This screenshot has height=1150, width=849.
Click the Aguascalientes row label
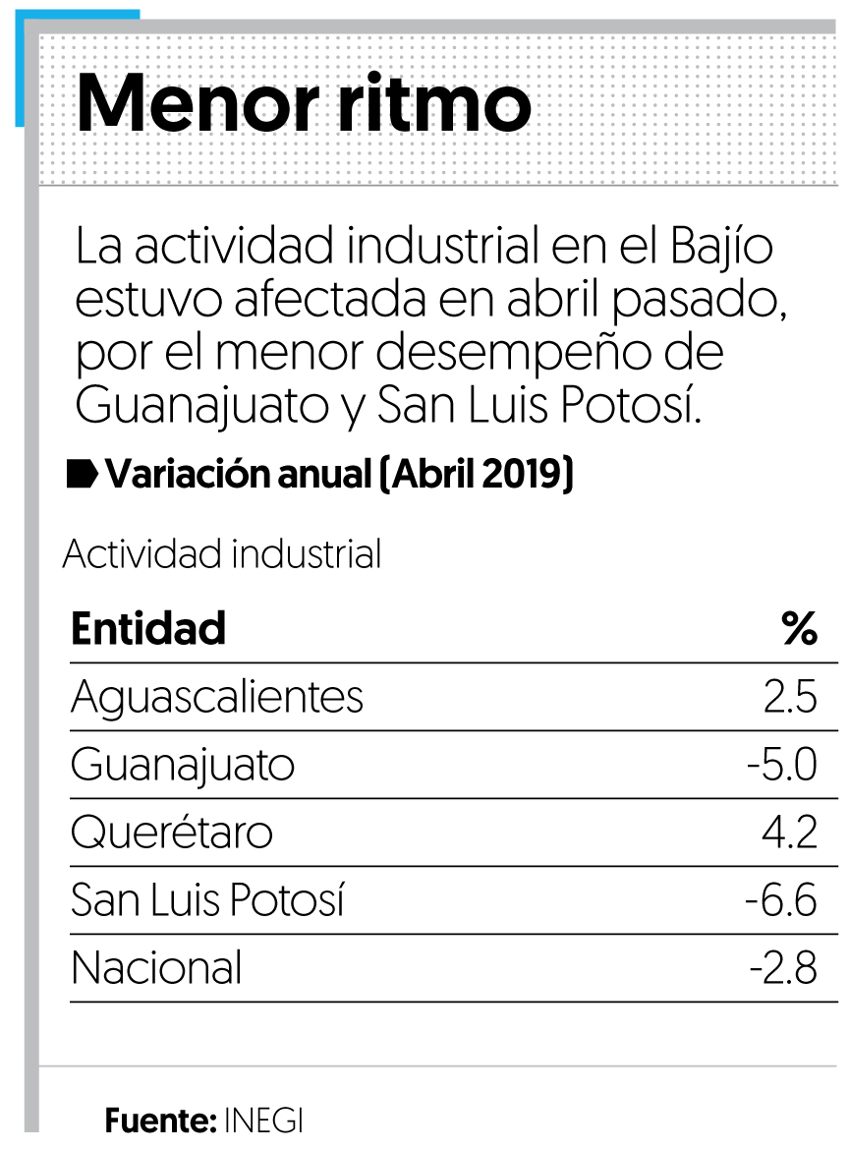pyautogui.click(x=217, y=698)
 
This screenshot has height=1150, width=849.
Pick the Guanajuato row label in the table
pyautogui.click(x=183, y=766)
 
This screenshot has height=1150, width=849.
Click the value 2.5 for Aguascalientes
pyautogui.click(x=790, y=698)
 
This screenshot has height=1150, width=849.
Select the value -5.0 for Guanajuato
pyautogui.click(x=781, y=766)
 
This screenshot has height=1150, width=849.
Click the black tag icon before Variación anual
pyautogui.click(x=82, y=476)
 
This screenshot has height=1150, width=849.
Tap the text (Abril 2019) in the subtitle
pyautogui.click(x=477, y=476)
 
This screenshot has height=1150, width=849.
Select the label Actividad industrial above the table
pyautogui.click(x=222, y=555)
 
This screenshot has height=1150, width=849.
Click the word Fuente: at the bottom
pyautogui.click(x=160, y=1122)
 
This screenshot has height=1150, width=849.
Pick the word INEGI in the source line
pyautogui.click(x=263, y=1122)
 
